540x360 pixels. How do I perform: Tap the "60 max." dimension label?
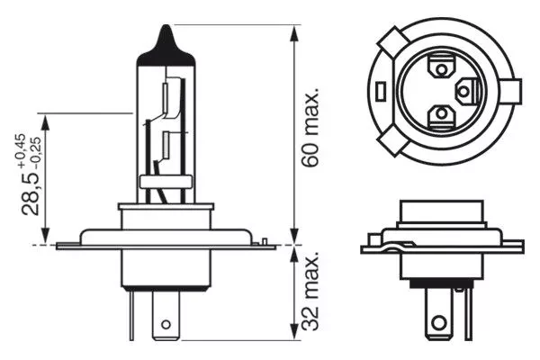tap(311, 136)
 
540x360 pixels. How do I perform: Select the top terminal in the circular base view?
tap(443, 67)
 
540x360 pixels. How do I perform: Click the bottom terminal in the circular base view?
tap(443, 113)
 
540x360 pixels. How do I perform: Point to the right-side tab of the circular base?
tap(515, 90)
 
